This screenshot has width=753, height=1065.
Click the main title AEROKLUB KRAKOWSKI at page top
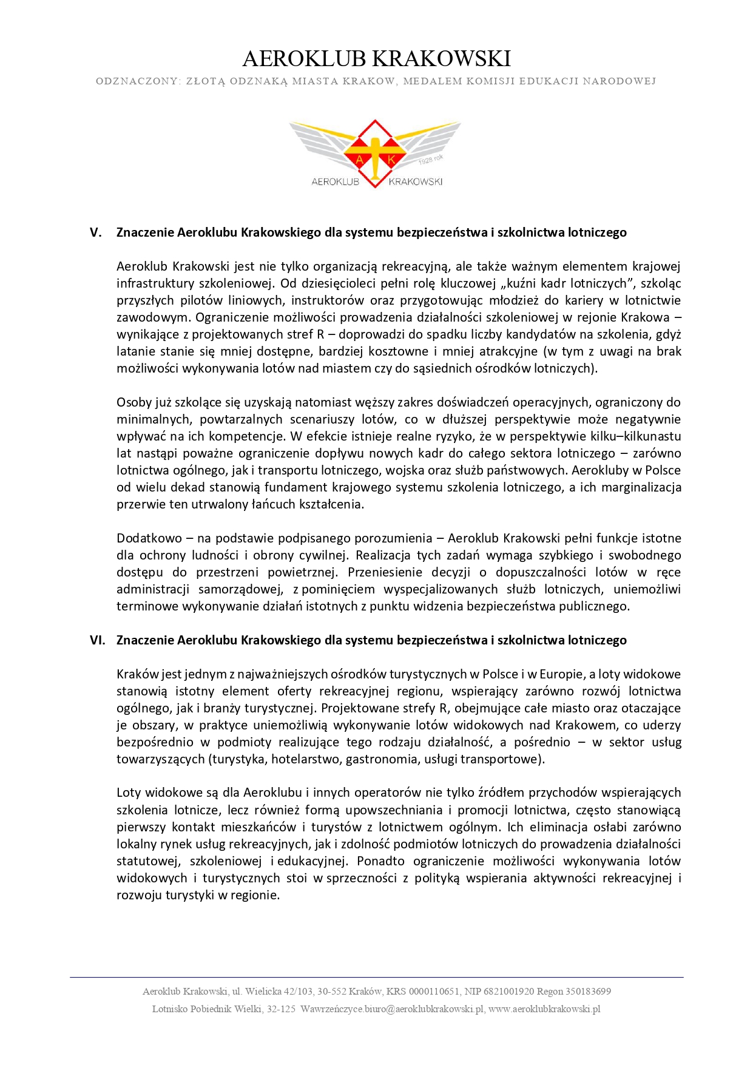(376, 59)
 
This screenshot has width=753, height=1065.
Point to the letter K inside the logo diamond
(391, 160)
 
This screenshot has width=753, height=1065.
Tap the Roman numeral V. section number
(95, 232)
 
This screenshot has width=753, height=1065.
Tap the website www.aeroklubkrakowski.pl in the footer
(544, 1009)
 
